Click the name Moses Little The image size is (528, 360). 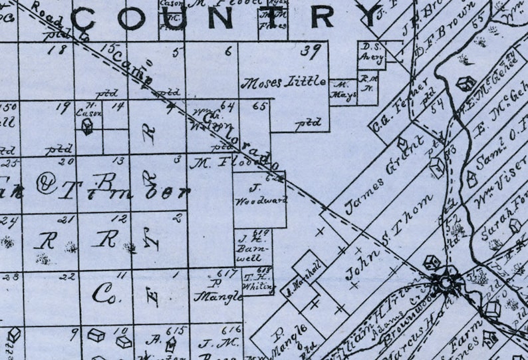pyautogui.click(x=283, y=83)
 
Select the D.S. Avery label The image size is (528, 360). pyautogui.click(x=372, y=52)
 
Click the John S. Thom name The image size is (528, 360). pyautogui.click(x=390, y=238)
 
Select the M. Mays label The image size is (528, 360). pyautogui.click(x=343, y=89)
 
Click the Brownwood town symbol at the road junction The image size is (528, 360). pyautogui.click(x=442, y=281)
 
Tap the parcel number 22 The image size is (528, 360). pyautogui.click(x=65, y=277)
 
